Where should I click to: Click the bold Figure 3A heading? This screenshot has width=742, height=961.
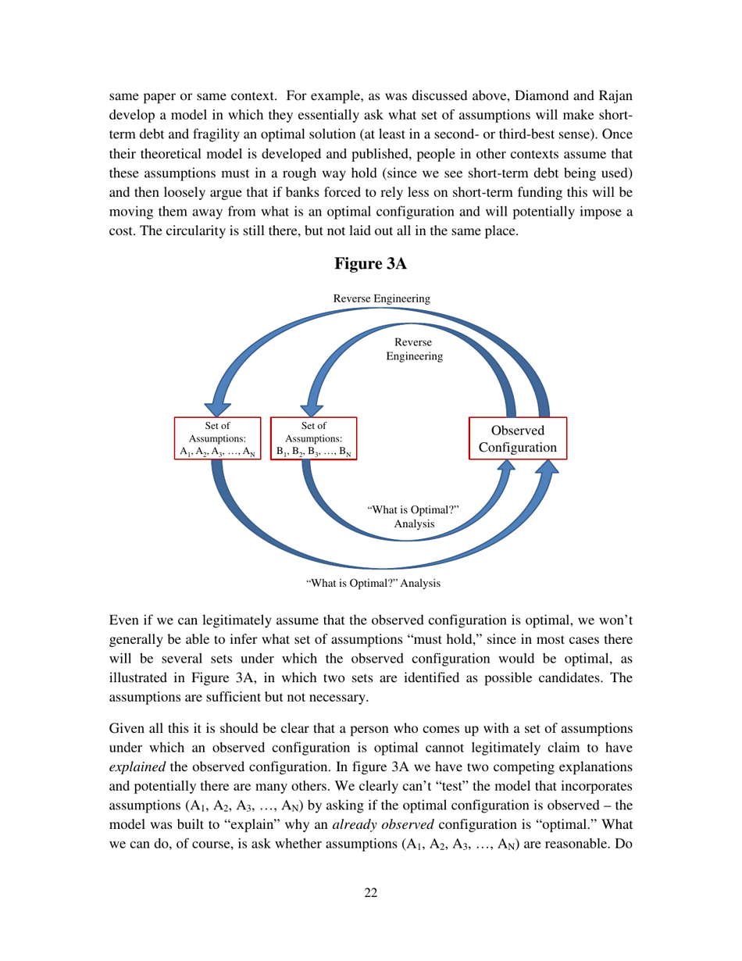click(x=370, y=264)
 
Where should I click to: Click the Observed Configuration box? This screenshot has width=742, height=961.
click(x=517, y=438)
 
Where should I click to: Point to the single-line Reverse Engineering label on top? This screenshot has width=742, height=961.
click(x=381, y=298)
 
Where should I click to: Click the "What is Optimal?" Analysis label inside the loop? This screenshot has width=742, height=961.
click(x=413, y=517)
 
